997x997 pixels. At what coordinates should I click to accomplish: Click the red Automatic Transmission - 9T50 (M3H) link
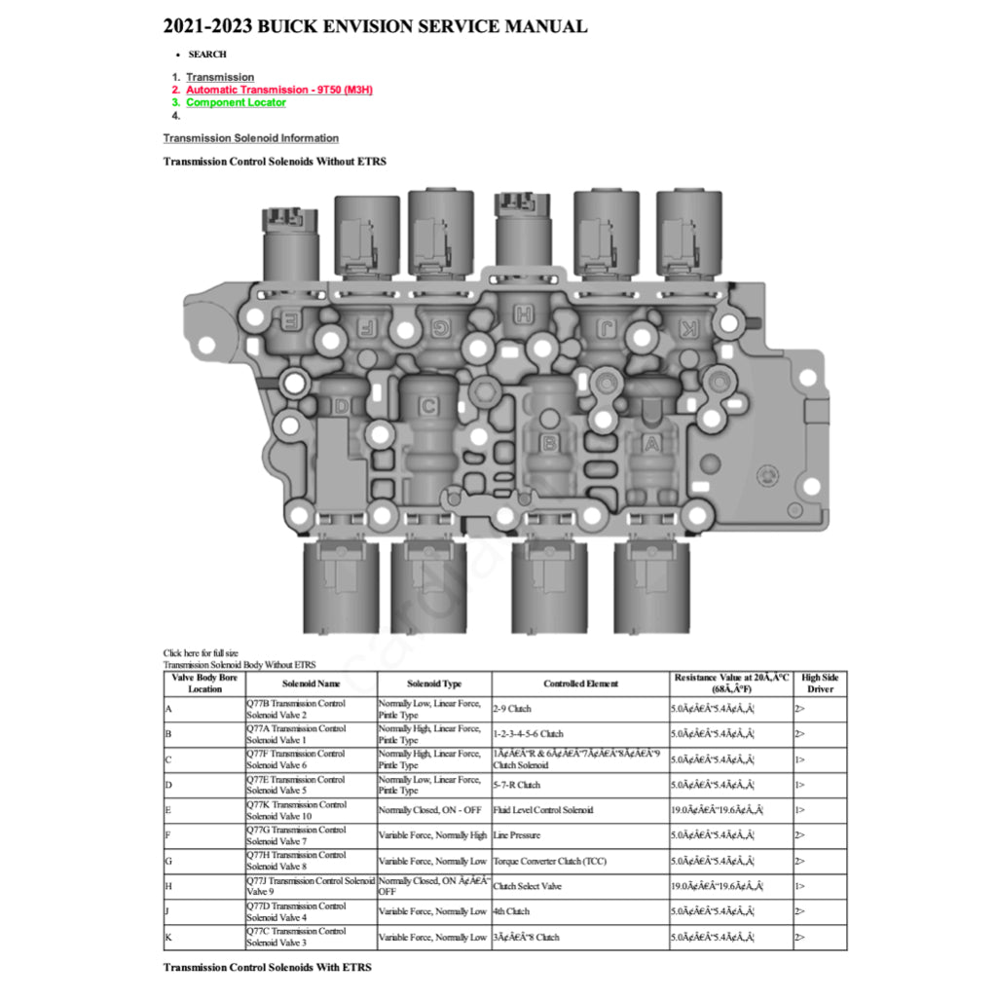click(x=279, y=90)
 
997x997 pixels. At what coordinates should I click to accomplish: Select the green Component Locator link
click(x=236, y=102)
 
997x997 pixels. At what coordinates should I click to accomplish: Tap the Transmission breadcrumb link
click(x=220, y=77)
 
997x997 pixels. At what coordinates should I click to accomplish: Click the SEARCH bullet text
click(x=207, y=55)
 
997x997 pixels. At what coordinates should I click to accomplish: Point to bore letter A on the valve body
click(x=651, y=444)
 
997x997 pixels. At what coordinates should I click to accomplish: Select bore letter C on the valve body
click(x=428, y=406)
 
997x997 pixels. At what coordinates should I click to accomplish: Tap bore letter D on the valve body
click(x=342, y=405)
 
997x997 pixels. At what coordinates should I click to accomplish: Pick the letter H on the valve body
click(x=524, y=314)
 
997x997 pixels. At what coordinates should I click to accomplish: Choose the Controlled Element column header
click(x=581, y=683)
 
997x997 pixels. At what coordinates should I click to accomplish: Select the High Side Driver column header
click(x=820, y=683)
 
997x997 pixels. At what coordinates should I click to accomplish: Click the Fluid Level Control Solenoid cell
click(x=543, y=810)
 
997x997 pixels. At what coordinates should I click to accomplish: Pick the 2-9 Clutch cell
click(x=513, y=709)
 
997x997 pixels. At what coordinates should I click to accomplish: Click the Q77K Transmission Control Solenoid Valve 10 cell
click(x=295, y=810)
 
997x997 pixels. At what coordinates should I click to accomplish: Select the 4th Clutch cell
click(x=512, y=911)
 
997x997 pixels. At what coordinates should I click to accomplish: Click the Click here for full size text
click(x=201, y=652)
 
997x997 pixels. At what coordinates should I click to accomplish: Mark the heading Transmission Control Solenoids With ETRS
click(x=267, y=967)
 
